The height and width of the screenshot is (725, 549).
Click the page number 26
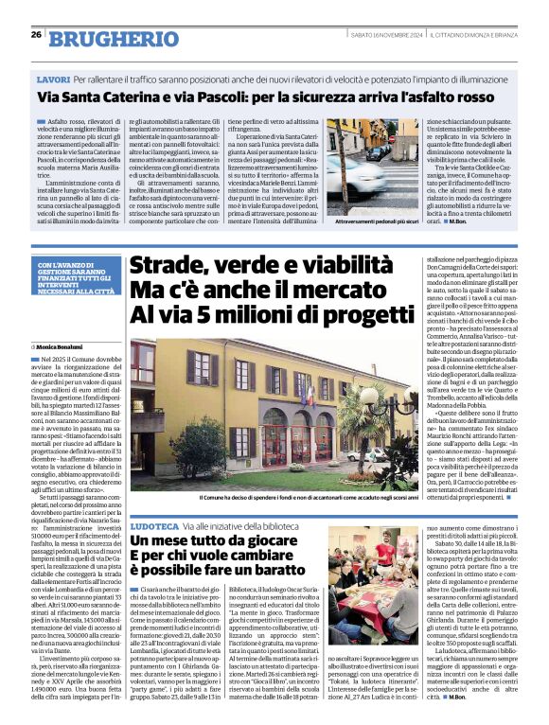tap(35, 35)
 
